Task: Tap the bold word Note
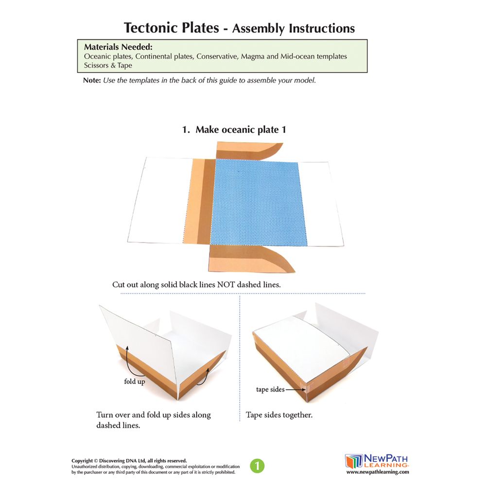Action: point(91,80)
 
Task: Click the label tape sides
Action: point(269,389)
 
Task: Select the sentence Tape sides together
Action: point(279,415)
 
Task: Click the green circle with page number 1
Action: point(257,466)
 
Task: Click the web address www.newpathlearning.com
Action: point(377,472)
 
